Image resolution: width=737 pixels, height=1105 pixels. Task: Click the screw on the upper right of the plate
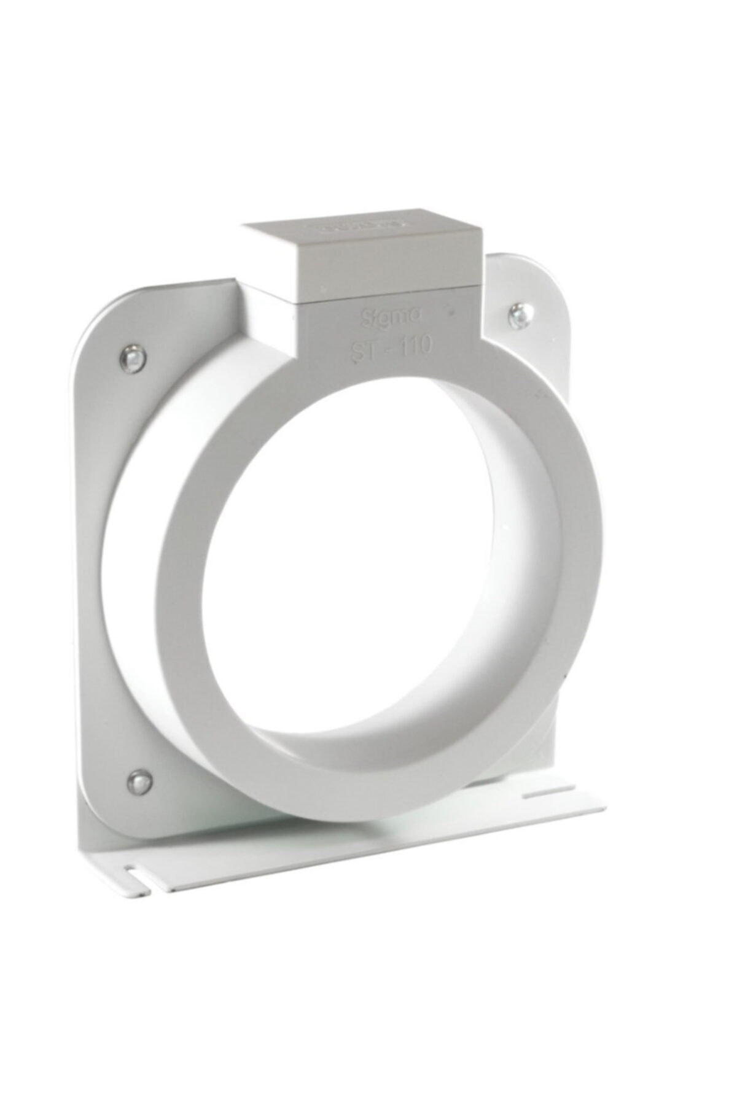tap(517, 316)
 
